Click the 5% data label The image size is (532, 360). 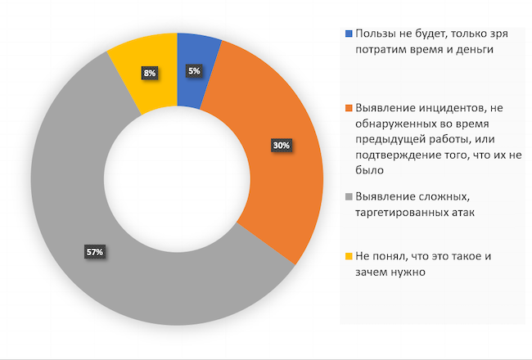194,71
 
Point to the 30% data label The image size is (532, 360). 282,146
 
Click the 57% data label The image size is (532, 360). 94,251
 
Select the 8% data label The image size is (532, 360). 150,74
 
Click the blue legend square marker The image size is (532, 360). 349,34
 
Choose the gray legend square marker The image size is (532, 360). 349,196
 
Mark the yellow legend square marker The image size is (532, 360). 349,256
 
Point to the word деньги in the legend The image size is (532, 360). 478,50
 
